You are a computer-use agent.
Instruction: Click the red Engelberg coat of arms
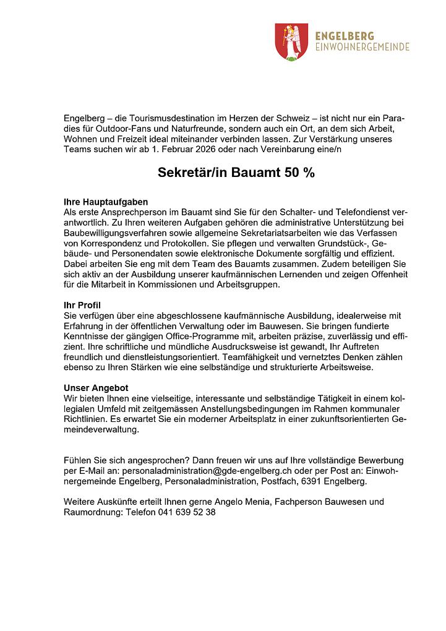coord(287,41)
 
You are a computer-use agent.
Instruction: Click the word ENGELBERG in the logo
coord(345,35)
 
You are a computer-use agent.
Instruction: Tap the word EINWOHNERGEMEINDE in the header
coord(362,47)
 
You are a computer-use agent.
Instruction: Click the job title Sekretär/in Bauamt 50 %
coord(236,173)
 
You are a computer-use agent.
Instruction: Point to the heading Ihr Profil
coord(82,306)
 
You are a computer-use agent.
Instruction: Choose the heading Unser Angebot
coord(96,388)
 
